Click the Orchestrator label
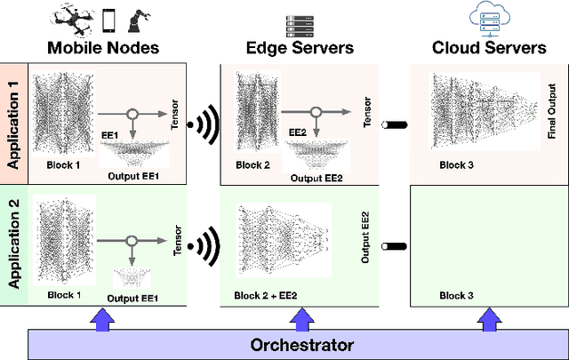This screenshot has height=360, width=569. coord(301,345)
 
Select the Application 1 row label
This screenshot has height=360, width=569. coord(13,124)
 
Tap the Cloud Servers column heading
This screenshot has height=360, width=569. coord(488,48)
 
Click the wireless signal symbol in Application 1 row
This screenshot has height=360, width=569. coord(207,125)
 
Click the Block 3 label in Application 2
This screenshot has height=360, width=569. coord(457,293)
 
